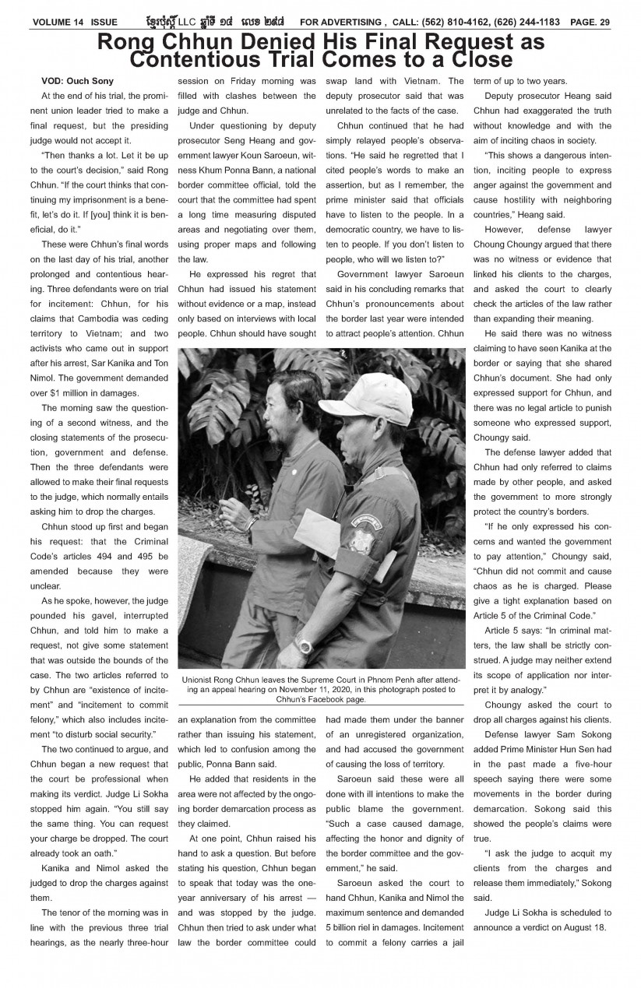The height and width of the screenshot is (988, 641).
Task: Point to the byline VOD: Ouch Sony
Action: coord(77,81)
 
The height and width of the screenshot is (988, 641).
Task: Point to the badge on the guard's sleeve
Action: coord(364,536)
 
